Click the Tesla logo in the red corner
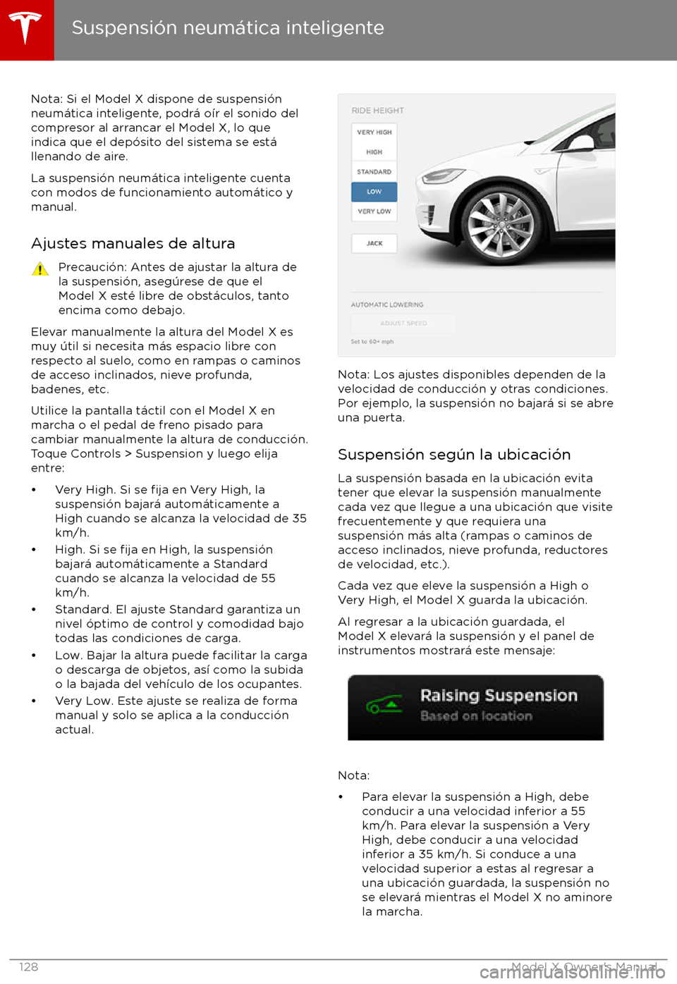click(26, 28)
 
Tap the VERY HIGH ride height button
click(374, 133)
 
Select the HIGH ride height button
click(374, 152)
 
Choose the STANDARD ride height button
click(374, 172)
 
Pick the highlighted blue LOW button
click(374, 192)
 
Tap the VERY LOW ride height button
click(374, 211)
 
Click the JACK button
click(374, 244)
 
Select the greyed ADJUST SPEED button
click(403, 324)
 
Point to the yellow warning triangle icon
click(40, 269)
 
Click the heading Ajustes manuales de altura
click(133, 243)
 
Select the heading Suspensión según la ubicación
click(454, 455)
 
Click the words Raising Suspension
click(499, 696)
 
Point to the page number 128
click(29, 967)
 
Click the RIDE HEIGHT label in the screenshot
click(378, 111)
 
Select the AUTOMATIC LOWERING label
click(387, 305)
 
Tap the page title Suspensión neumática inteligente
click(228, 28)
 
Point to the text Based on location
click(476, 716)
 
